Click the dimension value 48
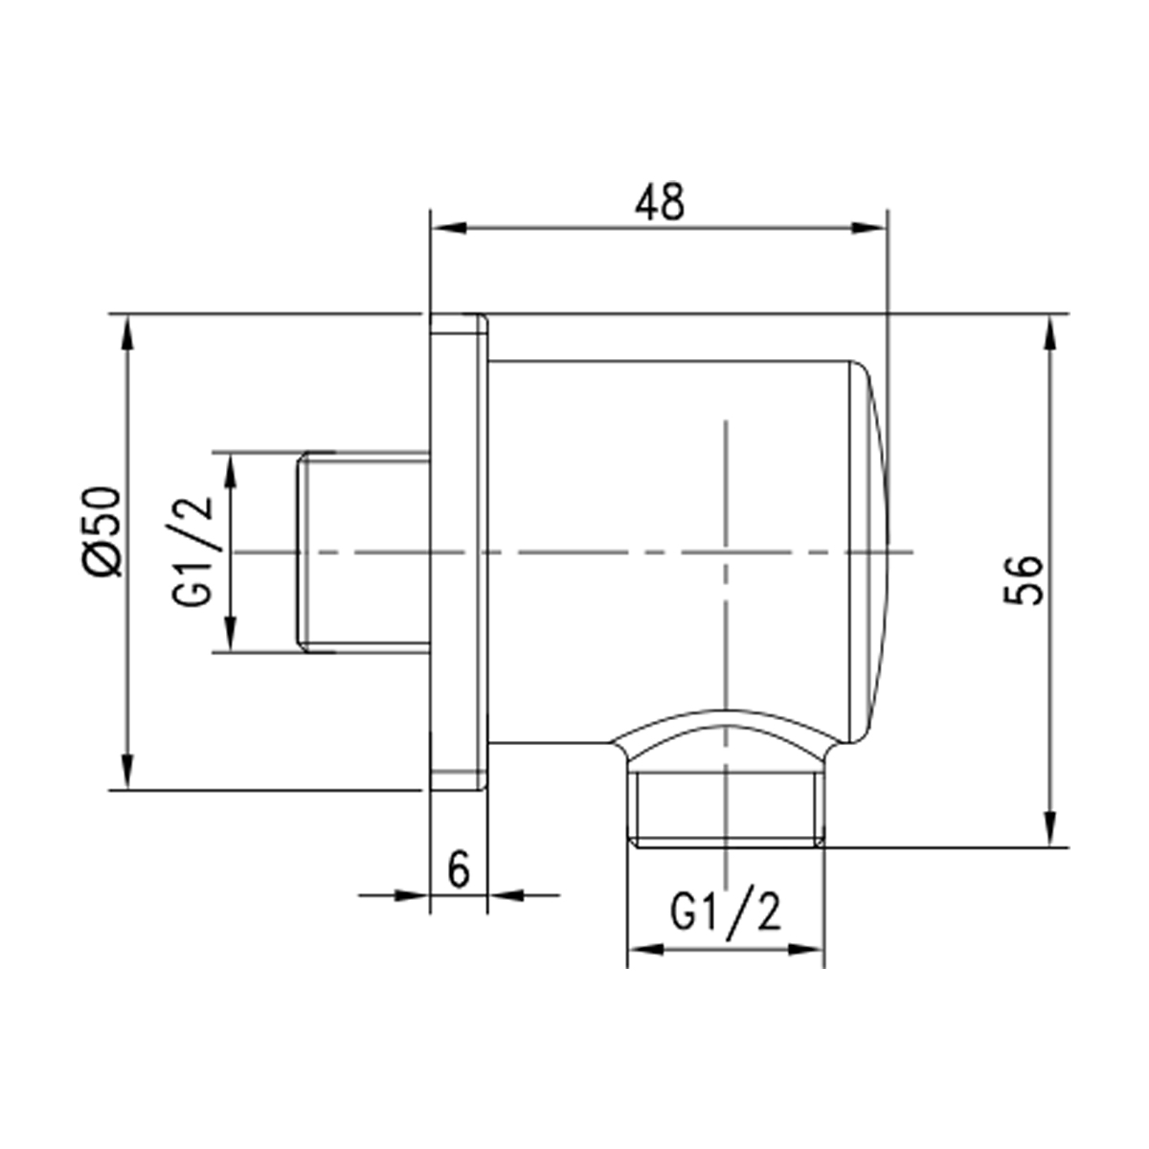[660, 202]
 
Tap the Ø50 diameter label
[102, 531]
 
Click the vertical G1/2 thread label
[193, 552]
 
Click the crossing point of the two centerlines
[727, 552]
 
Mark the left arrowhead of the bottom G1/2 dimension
[645, 950]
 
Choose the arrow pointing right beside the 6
[410, 895]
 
